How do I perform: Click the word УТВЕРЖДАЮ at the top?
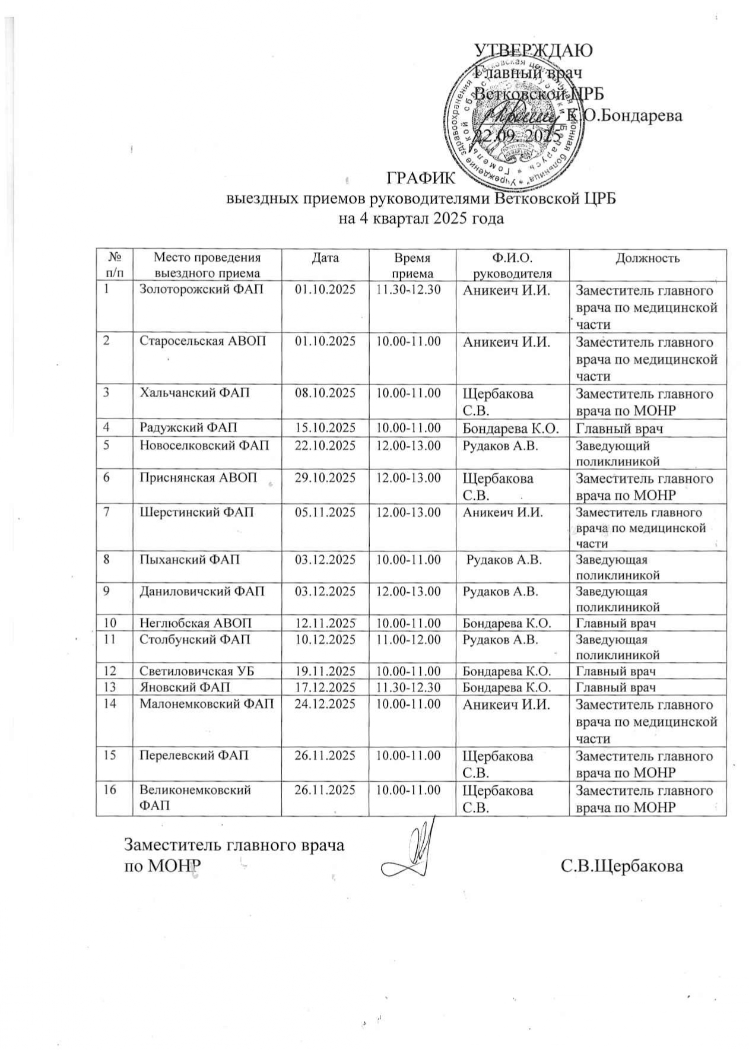(534, 50)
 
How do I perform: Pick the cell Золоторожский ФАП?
(201, 290)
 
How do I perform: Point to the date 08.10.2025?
(325, 393)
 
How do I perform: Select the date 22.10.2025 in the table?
(325, 445)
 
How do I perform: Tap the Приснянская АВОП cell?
(198, 478)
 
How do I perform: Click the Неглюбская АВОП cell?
(196, 623)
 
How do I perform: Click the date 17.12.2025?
(325, 687)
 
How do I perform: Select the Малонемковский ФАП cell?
(207, 705)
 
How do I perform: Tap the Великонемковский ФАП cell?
(195, 797)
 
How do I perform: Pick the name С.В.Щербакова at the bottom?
(622, 865)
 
